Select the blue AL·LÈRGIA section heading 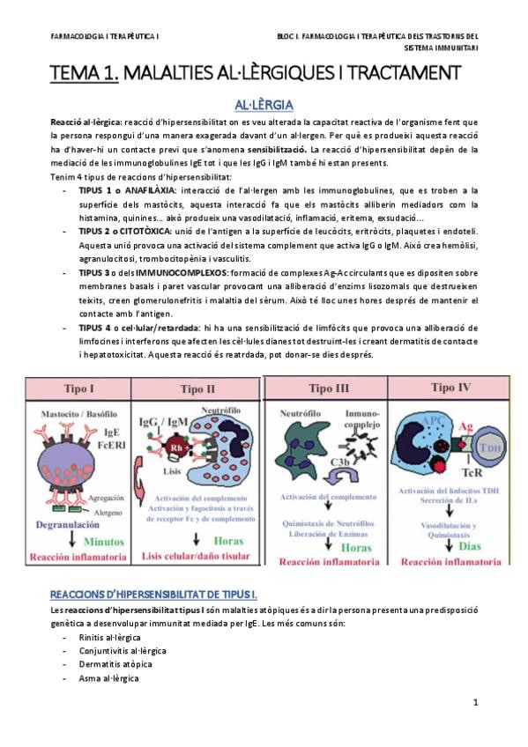[x=264, y=104]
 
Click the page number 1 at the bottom [x=475, y=702]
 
